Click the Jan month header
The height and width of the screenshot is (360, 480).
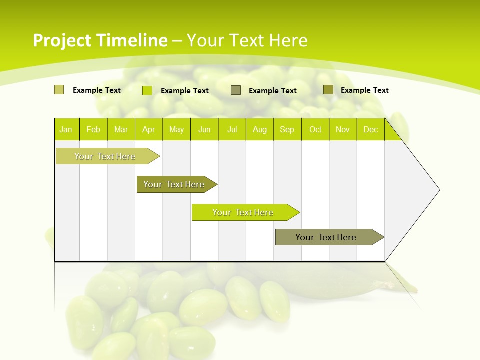[x=66, y=129]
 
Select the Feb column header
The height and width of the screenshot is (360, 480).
[x=93, y=129]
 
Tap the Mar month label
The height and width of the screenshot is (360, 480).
[x=121, y=129]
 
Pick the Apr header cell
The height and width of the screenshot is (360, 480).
[x=148, y=129]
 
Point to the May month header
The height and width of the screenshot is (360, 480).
[x=176, y=129]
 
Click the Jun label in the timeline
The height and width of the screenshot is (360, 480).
[x=204, y=129]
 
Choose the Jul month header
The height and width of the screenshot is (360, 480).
[x=232, y=129]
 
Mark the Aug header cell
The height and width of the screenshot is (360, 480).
[x=259, y=129]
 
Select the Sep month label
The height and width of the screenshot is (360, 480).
[x=287, y=129]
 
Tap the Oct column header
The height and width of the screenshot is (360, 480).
[x=315, y=129]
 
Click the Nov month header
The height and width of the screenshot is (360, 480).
[x=343, y=129]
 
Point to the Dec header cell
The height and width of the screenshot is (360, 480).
[x=370, y=129]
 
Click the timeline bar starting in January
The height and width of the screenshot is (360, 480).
[x=105, y=156]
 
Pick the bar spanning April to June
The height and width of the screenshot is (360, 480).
[x=174, y=184]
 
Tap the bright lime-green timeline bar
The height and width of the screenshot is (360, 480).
[x=243, y=212]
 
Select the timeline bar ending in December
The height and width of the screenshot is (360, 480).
[x=326, y=237]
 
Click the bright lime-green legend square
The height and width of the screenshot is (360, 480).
[x=147, y=90]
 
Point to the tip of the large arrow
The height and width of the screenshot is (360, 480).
[x=438, y=190]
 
